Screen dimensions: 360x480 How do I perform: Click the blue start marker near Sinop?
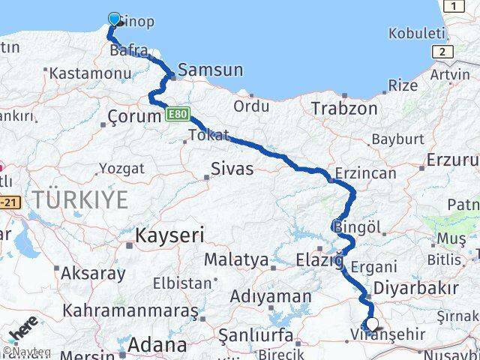click(114, 19)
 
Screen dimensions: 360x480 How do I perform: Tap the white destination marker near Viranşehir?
click(372, 325)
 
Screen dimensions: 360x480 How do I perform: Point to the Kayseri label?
click(169, 235)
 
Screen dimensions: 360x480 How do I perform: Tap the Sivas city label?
click(231, 168)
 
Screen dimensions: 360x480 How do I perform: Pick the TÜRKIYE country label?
click(79, 199)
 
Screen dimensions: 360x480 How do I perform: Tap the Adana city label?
click(157, 345)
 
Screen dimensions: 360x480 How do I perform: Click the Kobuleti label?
click(417, 34)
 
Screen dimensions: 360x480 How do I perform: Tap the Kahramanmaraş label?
click(130, 309)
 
